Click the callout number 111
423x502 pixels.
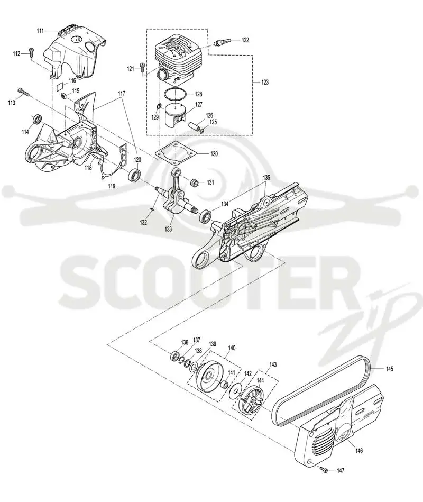tap(40, 31)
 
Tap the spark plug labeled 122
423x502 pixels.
tap(220, 42)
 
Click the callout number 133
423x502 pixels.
tap(168, 229)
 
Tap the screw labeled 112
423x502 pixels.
tap(31, 52)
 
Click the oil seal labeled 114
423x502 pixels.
tap(37, 119)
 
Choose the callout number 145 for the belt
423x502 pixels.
tap(389, 369)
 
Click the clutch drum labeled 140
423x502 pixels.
tap(209, 376)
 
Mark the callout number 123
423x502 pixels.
tap(265, 83)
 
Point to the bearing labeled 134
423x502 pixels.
tap(205, 216)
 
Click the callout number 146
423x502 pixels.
tap(359, 451)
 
